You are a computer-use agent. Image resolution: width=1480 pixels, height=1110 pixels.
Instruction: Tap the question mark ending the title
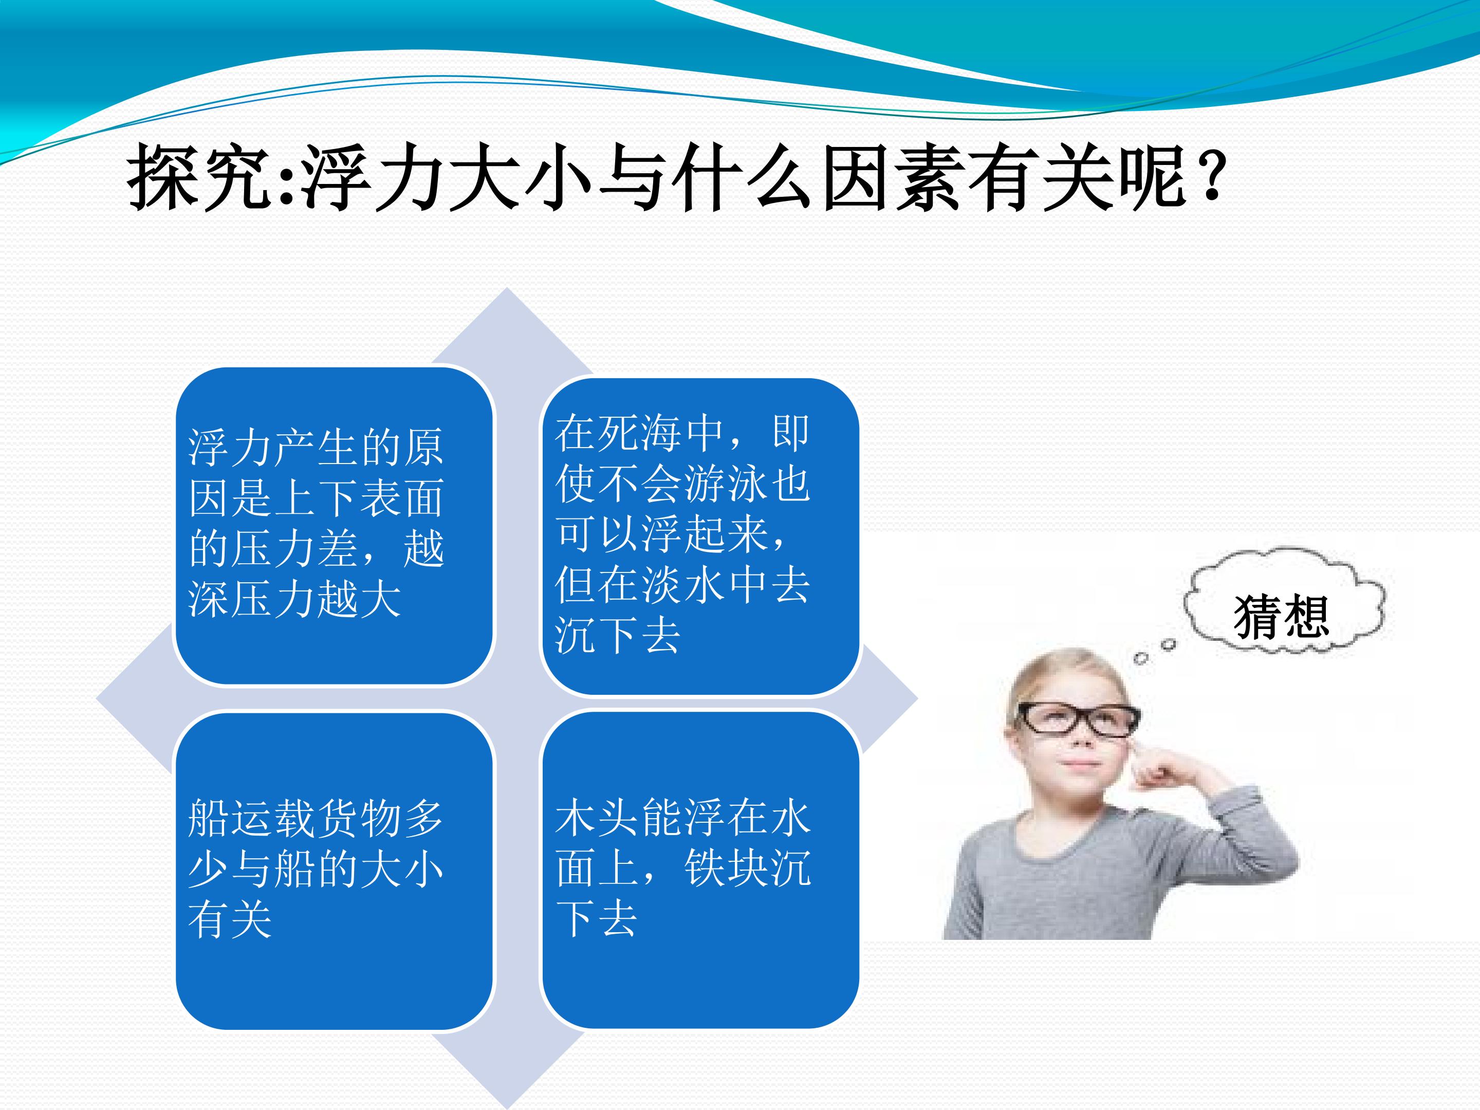1212,175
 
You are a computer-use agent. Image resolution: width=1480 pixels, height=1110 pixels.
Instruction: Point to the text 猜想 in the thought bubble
1281,616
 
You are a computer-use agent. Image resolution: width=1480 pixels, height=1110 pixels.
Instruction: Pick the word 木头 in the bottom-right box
598,818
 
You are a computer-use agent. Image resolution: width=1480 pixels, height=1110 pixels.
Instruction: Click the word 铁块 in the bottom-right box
726,868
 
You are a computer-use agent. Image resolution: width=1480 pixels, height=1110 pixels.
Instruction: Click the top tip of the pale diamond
507,288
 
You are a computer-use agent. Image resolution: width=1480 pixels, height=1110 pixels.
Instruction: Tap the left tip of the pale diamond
97,700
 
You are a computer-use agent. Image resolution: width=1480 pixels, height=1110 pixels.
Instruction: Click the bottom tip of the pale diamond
507,1108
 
